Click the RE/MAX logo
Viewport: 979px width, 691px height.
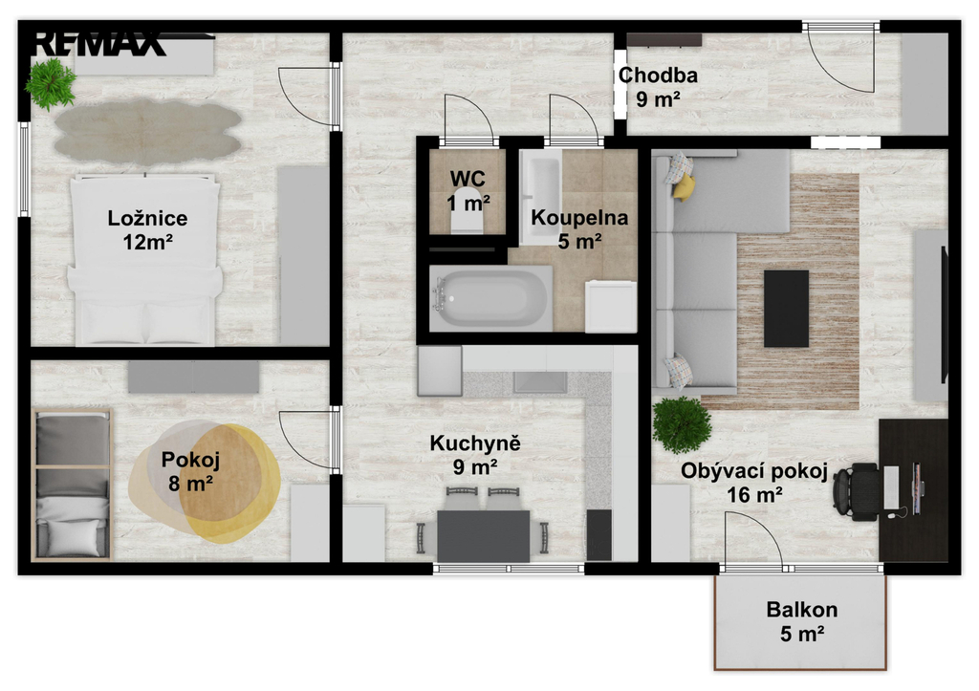coord(98,44)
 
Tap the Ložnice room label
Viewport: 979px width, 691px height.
coord(147,218)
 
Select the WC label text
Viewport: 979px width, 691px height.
coord(468,179)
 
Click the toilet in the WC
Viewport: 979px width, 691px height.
coord(467,219)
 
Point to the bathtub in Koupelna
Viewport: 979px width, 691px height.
coord(490,298)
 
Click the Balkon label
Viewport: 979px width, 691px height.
coord(802,609)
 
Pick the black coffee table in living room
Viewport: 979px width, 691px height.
coord(786,309)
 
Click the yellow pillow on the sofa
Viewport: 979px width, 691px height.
coord(684,186)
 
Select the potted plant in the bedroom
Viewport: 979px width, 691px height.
coord(52,84)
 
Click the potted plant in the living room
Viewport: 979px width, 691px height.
coord(682,424)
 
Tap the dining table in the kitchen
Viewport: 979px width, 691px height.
coord(483,535)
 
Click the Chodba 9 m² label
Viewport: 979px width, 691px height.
coord(658,87)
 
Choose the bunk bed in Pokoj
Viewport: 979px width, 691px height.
coord(73,485)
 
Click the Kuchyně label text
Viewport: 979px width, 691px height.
coord(475,443)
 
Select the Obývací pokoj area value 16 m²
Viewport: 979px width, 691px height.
coord(755,495)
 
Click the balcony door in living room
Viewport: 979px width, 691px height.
coord(753,540)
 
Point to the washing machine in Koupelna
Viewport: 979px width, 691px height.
coord(611,307)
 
